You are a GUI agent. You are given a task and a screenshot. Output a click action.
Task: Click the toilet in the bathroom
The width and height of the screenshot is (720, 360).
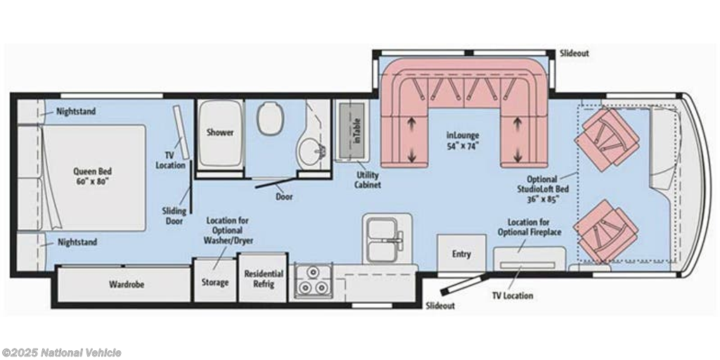click(x=271, y=118)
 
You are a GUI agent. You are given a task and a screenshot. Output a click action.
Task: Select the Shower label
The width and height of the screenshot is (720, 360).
click(x=220, y=133)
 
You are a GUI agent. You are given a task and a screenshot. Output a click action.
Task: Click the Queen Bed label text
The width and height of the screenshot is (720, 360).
click(x=92, y=176)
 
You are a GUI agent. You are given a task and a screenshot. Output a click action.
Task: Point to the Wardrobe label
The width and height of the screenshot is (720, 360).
click(x=127, y=285)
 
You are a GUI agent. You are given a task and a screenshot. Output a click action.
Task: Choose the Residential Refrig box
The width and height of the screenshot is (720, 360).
click(x=263, y=278)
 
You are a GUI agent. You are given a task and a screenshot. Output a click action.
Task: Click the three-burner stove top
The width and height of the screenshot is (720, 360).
click(x=313, y=281)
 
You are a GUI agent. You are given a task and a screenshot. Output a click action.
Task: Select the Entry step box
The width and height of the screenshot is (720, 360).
click(x=461, y=253)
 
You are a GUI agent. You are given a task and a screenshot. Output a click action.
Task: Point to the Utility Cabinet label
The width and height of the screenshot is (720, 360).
click(x=367, y=180)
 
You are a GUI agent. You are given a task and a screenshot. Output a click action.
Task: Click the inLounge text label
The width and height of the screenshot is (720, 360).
click(x=463, y=136)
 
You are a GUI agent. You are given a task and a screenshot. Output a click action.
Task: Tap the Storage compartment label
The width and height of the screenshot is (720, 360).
click(x=215, y=282)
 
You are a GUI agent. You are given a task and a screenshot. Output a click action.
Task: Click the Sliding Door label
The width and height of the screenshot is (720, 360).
click(x=174, y=216)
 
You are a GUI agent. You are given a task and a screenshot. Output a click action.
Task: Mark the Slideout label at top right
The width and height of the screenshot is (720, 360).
click(x=574, y=53)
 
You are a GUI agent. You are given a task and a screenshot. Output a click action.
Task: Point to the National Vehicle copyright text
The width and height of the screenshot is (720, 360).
click(x=60, y=353)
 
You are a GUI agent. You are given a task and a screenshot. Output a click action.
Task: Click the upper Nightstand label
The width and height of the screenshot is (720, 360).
click(x=76, y=111)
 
